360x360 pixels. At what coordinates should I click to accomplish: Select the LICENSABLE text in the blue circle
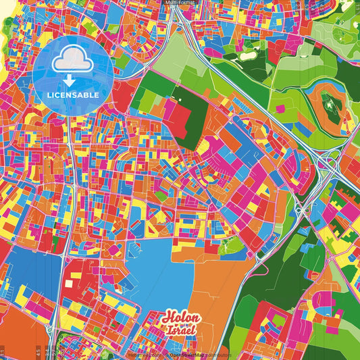coord(72,95)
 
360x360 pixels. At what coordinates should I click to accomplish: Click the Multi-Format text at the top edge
coord(180,3)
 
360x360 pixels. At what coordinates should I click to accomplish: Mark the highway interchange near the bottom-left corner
coord(51,331)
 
